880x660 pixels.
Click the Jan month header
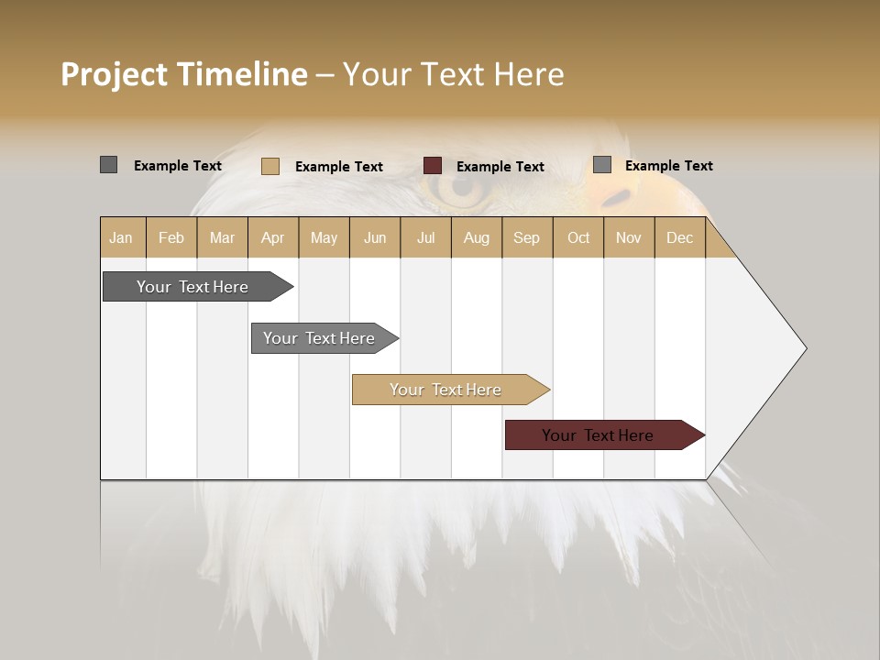click(121, 237)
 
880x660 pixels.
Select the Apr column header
click(272, 237)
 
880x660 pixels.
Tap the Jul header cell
click(425, 237)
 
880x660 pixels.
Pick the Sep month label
click(526, 237)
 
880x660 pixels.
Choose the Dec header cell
click(679, 237)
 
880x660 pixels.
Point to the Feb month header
click(171, 237)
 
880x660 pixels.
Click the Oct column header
click(578, 237)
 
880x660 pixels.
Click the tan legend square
click(269, 166)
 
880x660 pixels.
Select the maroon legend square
click(433, 166)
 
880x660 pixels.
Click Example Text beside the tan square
click(339, 167)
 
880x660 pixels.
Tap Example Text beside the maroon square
click(500, 167)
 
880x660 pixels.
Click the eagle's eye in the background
click(461, 186)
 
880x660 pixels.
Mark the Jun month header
click(375, 237)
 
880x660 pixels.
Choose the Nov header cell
click(628, 237)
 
